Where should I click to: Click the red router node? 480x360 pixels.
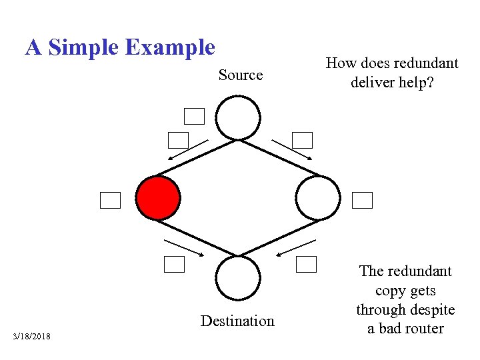point(158,198)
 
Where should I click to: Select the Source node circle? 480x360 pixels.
point(238,118)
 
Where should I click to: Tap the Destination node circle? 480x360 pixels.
point(238,278)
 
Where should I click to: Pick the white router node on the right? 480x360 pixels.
point(318,198)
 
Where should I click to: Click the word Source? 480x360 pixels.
point(241,75)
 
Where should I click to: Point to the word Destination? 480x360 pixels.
point(237,321)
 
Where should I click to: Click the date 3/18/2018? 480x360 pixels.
point(31,335)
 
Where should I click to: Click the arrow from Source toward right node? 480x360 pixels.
point(291,149)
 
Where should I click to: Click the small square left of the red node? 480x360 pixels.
point(110,200)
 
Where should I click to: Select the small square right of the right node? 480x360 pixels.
point(362,200)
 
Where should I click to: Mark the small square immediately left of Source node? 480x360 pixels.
point(194,117)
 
